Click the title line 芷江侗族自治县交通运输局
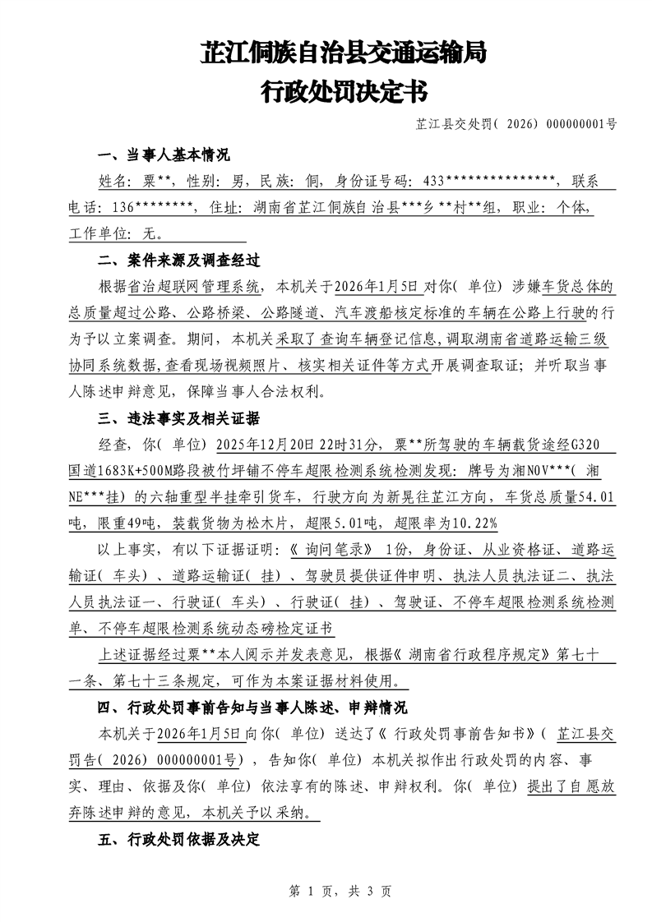click(344, 54)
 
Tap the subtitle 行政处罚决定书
click(344, 92)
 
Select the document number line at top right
click(516, 125)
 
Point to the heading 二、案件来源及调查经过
click(178, 260)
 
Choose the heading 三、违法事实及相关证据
click(178, 419)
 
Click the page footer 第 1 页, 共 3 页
click(326, 890)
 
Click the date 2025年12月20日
click(266, 445)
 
